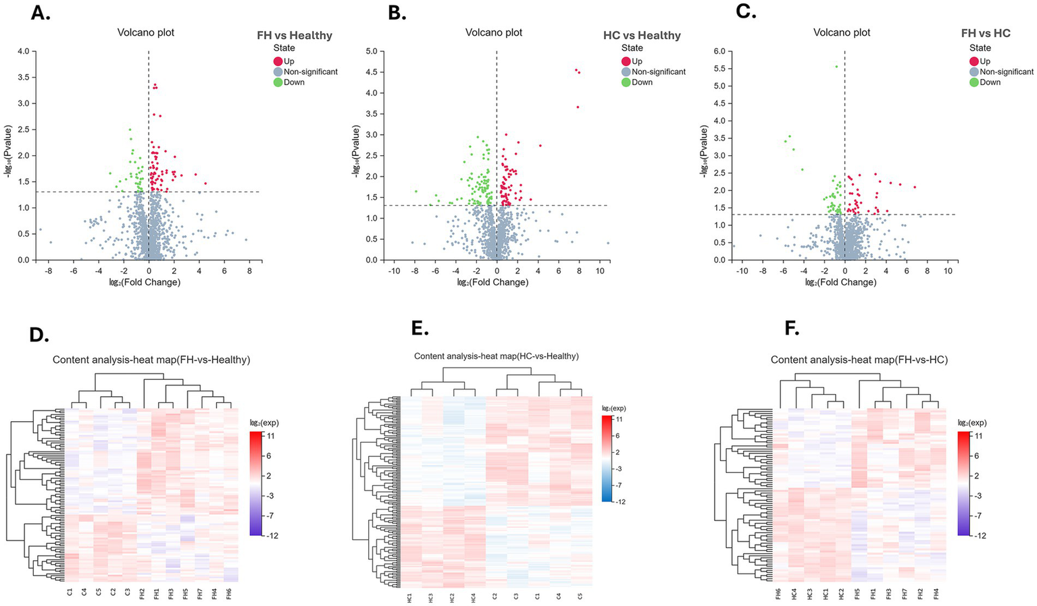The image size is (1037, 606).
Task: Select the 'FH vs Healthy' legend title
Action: [x=294, y=35]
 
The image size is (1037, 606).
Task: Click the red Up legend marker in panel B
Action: [x=626, y=61]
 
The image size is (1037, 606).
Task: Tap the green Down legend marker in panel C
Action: [x=974, y=82]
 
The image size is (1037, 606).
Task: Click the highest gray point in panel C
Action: [x=836, y=66]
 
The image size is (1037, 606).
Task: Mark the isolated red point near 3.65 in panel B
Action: [x=578, y=107]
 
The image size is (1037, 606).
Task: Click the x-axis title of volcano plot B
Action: [x=497, y=282]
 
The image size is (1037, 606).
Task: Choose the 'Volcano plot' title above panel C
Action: [x=842, y=32]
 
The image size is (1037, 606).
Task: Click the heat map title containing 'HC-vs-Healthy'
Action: [x=496, y=356]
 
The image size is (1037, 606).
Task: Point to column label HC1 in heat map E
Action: [x=409, y=598]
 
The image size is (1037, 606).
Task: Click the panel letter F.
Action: [x=792, y=328]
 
